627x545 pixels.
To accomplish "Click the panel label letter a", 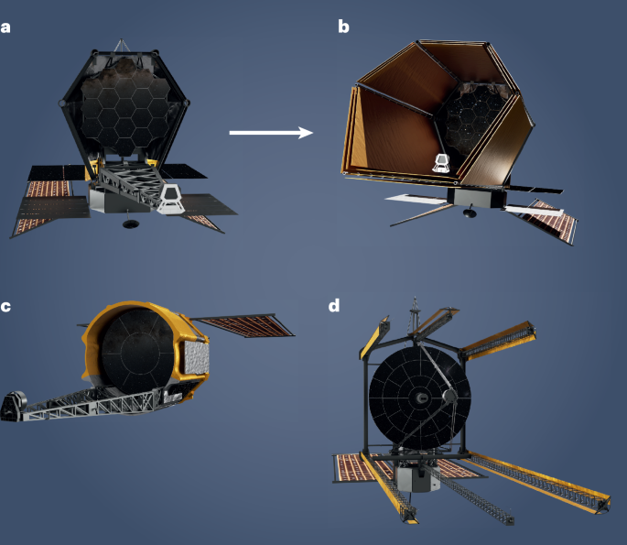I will [7, 27].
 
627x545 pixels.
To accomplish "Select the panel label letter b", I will [343, 27].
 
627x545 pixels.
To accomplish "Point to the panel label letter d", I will [334, 305].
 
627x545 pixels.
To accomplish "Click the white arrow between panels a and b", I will [270, 133].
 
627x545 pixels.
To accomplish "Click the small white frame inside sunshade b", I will [440, 166].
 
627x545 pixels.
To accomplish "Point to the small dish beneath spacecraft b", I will [470, 213].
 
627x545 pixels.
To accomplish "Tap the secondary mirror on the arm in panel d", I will [449, 396].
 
